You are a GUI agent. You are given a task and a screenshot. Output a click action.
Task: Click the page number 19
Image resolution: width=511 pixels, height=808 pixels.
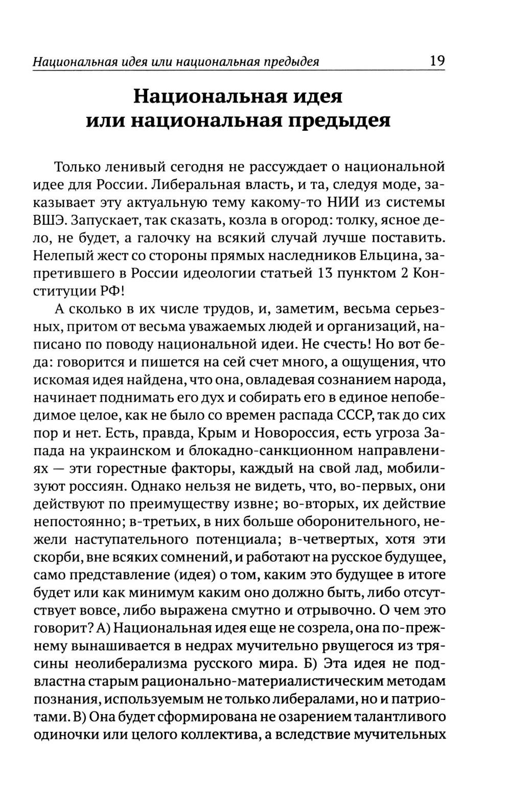(437, 61)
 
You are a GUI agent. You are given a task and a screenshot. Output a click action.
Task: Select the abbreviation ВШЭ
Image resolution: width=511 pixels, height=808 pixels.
(49, 221)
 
